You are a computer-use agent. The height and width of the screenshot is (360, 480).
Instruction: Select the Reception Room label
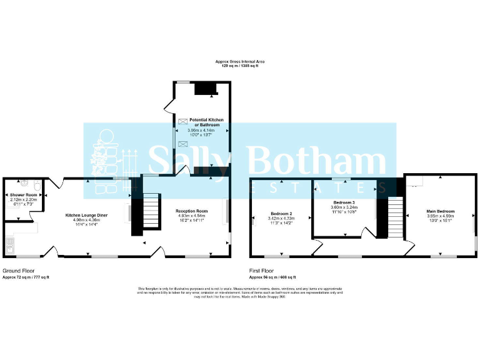192,211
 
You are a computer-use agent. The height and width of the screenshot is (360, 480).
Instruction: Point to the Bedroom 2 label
281,214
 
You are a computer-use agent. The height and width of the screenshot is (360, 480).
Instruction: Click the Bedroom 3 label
344,203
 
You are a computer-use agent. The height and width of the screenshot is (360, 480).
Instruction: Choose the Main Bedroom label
441,211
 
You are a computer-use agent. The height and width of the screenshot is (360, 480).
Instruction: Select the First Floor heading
264,271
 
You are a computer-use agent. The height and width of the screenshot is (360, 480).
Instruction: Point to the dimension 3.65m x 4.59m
441,216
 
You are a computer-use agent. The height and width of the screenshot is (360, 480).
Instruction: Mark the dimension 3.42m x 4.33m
281,218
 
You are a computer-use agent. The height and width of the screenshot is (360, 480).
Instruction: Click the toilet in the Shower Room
38,186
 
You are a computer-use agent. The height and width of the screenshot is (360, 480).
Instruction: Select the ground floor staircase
150,212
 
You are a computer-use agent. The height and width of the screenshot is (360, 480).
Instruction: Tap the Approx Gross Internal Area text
240,61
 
